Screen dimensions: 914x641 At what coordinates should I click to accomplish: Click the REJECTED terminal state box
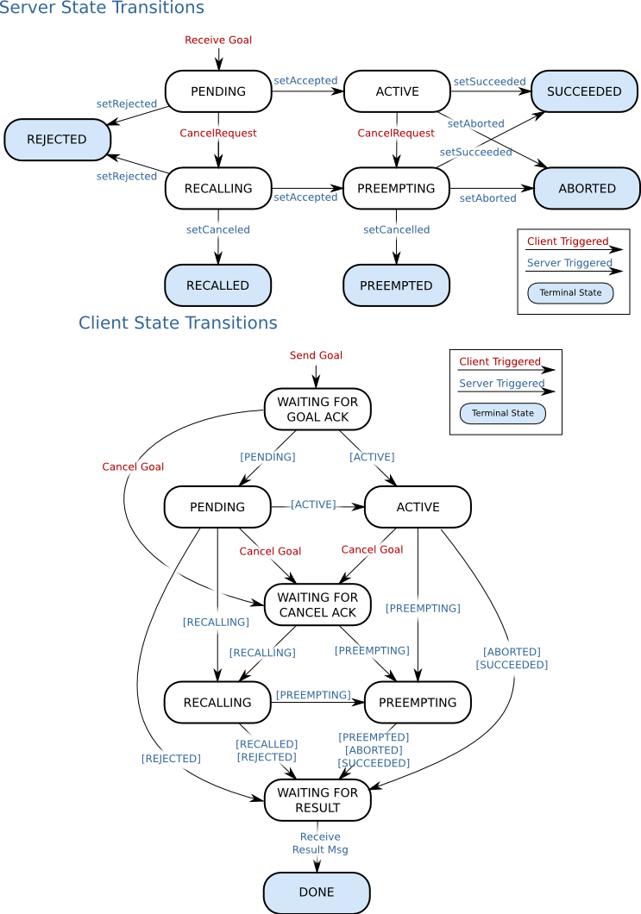pos(57,140)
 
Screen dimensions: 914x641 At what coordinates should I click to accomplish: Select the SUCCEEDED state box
pos(584,91)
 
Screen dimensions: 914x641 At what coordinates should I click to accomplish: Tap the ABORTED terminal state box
pos(587,188)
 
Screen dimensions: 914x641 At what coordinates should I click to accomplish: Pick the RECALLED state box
pos(217,285)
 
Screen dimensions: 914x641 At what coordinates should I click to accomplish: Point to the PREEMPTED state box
pos(396,285)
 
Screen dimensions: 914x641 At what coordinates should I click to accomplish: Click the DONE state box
pos(316,892)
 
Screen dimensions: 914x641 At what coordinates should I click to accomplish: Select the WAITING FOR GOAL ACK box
pos(317,409)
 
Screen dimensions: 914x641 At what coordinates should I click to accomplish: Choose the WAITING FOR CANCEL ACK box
pos(317,604)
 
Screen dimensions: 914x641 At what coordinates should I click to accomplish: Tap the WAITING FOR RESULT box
pos(317,800)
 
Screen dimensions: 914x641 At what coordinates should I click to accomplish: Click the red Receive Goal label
pos(218,40)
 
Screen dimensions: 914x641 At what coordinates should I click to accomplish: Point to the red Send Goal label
pos(316,355)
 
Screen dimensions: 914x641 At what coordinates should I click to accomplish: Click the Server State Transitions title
pos(102,9)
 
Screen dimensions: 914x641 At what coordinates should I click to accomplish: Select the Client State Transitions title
pos(178,323)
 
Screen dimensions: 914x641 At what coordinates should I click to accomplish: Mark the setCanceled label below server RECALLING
pos(218,229)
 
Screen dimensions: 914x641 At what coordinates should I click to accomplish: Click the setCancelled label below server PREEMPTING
pos(396,229)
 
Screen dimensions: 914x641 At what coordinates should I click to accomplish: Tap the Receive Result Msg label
pos(320,843)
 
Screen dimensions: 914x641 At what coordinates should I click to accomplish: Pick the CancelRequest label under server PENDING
pos(218,133)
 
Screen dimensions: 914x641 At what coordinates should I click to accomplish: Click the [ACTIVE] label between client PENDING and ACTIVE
pos(313,504)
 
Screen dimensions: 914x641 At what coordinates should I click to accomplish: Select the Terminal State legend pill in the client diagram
pos(502,413)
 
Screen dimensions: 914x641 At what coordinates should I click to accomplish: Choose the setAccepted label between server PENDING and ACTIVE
pos(305,81)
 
